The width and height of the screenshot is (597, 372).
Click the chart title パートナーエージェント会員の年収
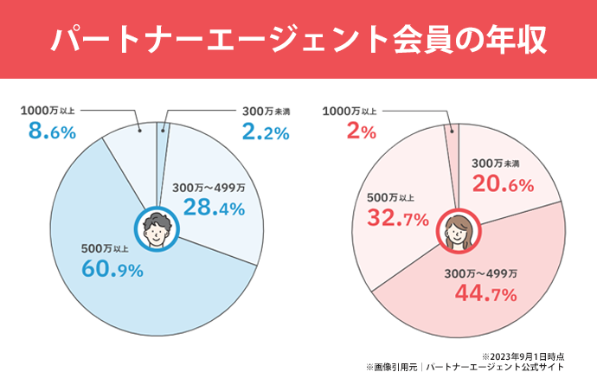tap(298, 40)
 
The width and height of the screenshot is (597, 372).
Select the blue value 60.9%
tap(112, 269)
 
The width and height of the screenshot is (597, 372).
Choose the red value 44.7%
tap(485, 295)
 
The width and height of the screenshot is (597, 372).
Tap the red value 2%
tap(361, 132)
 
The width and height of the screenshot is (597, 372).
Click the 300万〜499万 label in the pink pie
tap(486, 274)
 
